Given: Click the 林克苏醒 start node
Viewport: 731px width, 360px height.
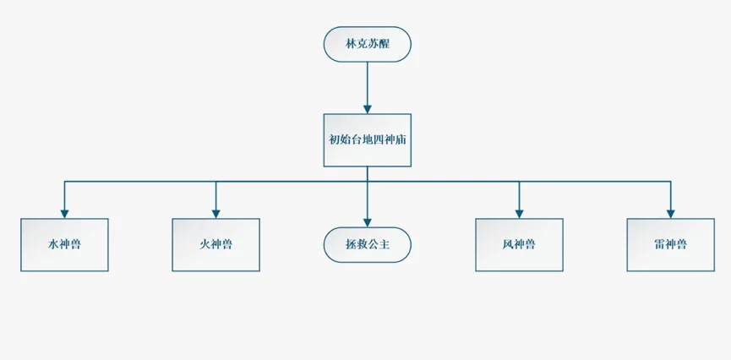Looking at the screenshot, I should click(368, 45).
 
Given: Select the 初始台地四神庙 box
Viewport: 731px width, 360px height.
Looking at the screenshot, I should click(368, 140).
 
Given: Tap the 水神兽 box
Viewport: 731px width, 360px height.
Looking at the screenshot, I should click(65, 245).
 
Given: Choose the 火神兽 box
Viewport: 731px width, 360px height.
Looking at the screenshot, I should click(215, 245).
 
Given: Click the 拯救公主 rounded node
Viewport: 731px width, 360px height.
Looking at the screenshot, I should click(368, 245).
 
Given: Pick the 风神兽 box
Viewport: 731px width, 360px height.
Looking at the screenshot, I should click(519, 245).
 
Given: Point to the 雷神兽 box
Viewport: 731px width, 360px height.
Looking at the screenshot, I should click(670, 245).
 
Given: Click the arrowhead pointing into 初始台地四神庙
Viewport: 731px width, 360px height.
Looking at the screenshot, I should click(368, 108).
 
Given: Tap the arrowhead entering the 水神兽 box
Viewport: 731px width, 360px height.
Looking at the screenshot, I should click(65, 212).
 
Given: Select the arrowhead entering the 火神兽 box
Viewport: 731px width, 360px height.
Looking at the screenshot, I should click(215, 212).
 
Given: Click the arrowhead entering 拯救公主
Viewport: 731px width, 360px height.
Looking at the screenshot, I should click(368, 221).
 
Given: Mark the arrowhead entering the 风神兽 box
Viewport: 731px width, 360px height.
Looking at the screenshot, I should click(519, 212).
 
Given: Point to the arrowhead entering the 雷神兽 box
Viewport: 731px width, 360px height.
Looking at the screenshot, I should click(670, 212).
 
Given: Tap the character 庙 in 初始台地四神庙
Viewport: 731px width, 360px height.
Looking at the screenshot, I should click(403, 140).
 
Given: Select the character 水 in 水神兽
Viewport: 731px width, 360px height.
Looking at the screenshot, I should click(53, 245).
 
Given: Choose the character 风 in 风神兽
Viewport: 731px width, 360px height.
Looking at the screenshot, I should click(507, 245).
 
